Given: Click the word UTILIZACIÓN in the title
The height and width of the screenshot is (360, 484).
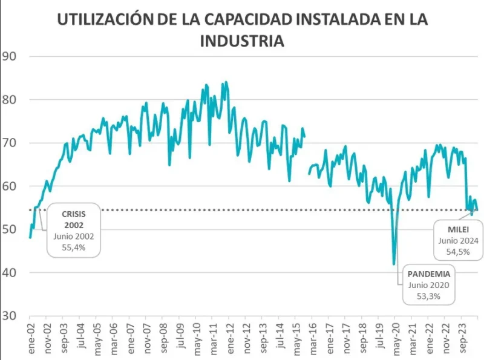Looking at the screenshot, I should (100, 19).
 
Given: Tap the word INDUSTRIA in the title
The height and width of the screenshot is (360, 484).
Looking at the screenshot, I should (241, 41).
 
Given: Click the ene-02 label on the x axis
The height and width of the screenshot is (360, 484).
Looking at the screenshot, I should (30, 335).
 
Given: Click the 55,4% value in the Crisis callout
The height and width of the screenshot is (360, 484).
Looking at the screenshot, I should (73, 247).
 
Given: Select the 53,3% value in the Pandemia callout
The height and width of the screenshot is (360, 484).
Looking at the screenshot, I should (430, 296).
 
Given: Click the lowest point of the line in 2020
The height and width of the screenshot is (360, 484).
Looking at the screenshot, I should (394, 264).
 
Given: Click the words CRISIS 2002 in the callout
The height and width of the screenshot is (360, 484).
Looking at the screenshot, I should (73, 219).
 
